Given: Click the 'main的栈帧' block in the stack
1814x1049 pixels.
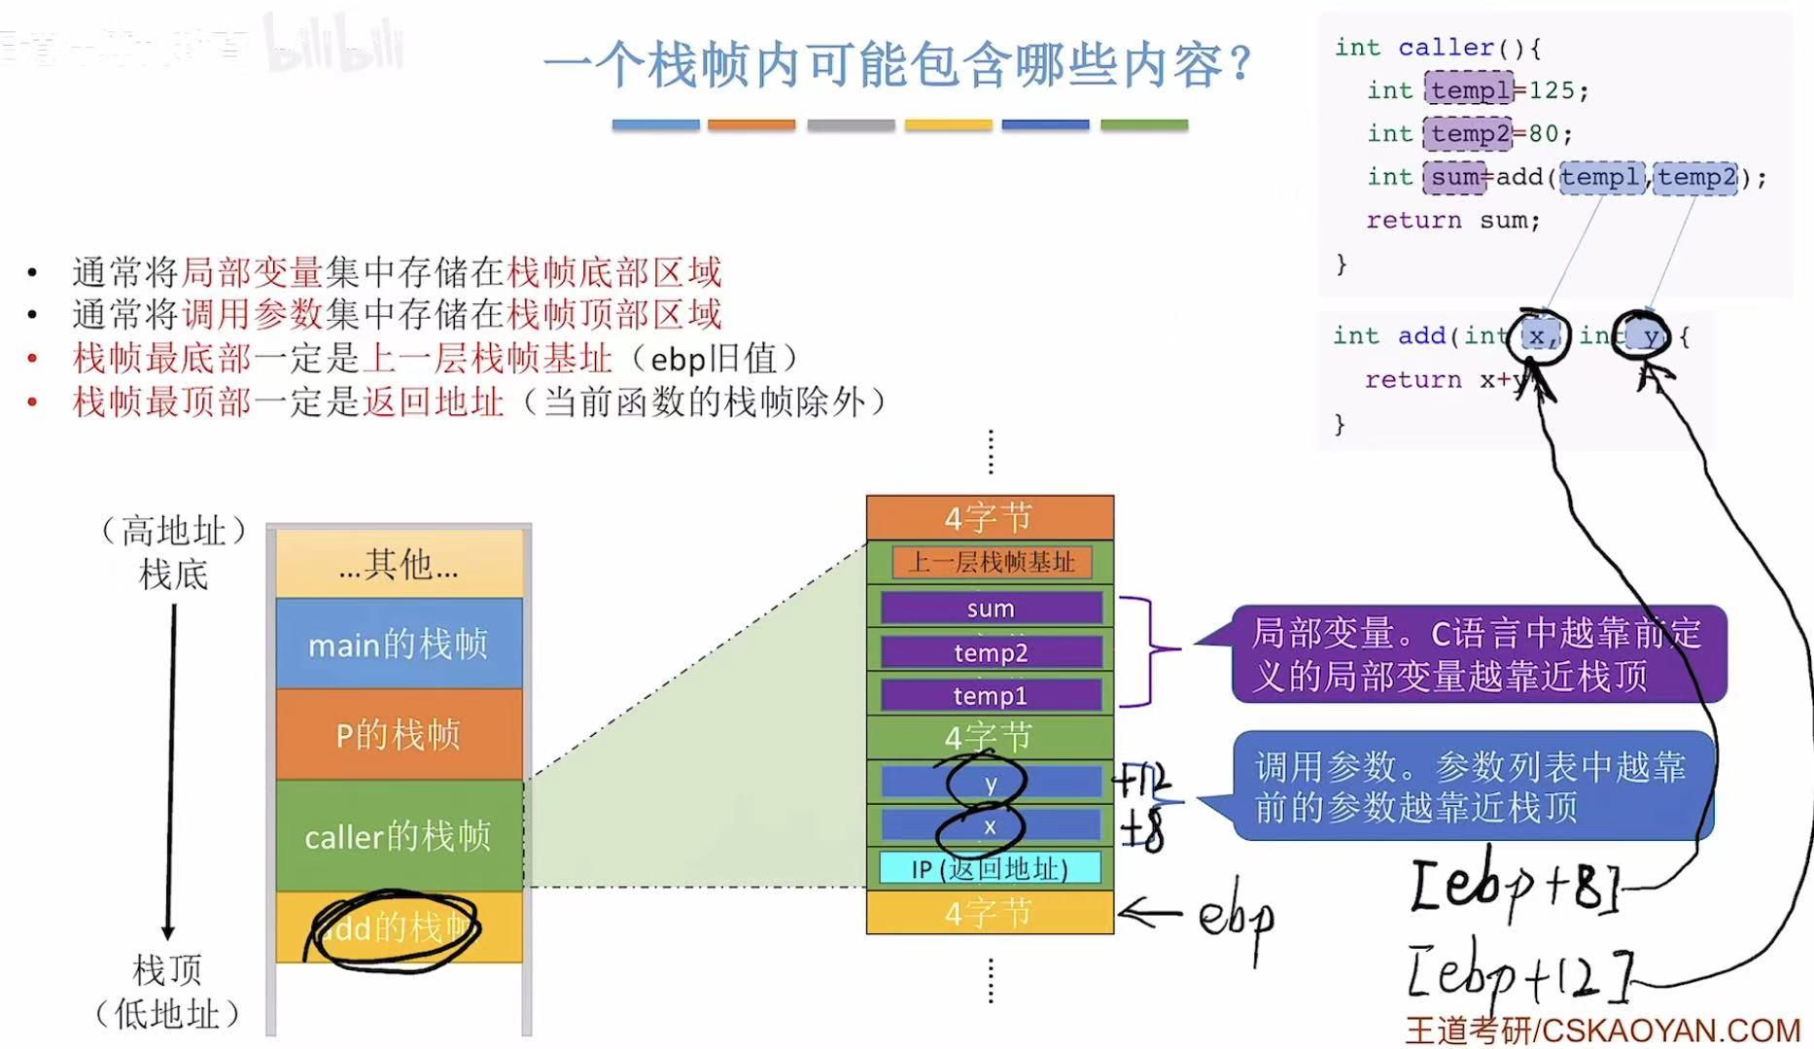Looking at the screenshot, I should pyautogui.click(x=399, y=644).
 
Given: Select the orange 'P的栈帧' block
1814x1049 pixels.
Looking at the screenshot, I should pyautogui.click(x=399, y=734).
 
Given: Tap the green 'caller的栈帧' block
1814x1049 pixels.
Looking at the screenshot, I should pyautogui.click(x=399, y=836).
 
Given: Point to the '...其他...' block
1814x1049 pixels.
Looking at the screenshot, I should pyautogui.click(x=399, y=564).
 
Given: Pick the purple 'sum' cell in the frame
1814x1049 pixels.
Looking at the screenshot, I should pyautogui.click(x=991, y=609).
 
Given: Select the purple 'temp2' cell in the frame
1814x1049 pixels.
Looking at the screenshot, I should pyautogui.click(x=991, y=652).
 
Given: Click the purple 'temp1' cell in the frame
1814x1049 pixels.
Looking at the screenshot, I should pyautogui.click(x=991, y=695).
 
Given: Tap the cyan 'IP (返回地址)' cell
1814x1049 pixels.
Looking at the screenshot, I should pyautogui.click(x=990, y=868).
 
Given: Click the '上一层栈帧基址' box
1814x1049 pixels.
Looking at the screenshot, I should pyautogui.click(x=991, y=562).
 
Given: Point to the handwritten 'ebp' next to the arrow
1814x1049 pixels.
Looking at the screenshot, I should pyautogui.click(x=1236, y=917).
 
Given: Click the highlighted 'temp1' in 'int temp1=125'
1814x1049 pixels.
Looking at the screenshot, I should pyautogui.click(x=1469, y=89).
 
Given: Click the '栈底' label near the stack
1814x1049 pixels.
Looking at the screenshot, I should pyautogui.click(x=173, y=574).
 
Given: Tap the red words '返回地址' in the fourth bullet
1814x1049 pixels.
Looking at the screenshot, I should pyautogui.click(x=434, y=402).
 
